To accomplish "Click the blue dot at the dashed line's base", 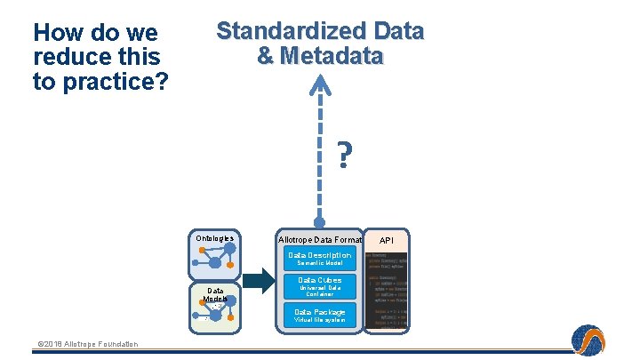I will click(x=319, y=222).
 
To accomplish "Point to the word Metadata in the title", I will click(x=332, y=56).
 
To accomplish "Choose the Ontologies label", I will click(x=214, y=238).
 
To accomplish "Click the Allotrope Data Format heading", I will click(x=320, y=240).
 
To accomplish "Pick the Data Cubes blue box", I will click(x=320, y=286).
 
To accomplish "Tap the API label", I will click(x=387, y=240).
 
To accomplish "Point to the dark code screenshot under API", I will click(x=387, y=289).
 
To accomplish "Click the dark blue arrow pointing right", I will click(x=259, y=282).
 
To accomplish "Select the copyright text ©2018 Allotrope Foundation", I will click(x=87, y=344).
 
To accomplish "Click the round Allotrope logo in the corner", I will click(x=587, y=340).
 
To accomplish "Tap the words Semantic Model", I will click(x=320, y=263).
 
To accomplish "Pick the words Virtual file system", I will click(x=320, y=320).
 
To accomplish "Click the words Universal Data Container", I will click(x=320, y=291).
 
